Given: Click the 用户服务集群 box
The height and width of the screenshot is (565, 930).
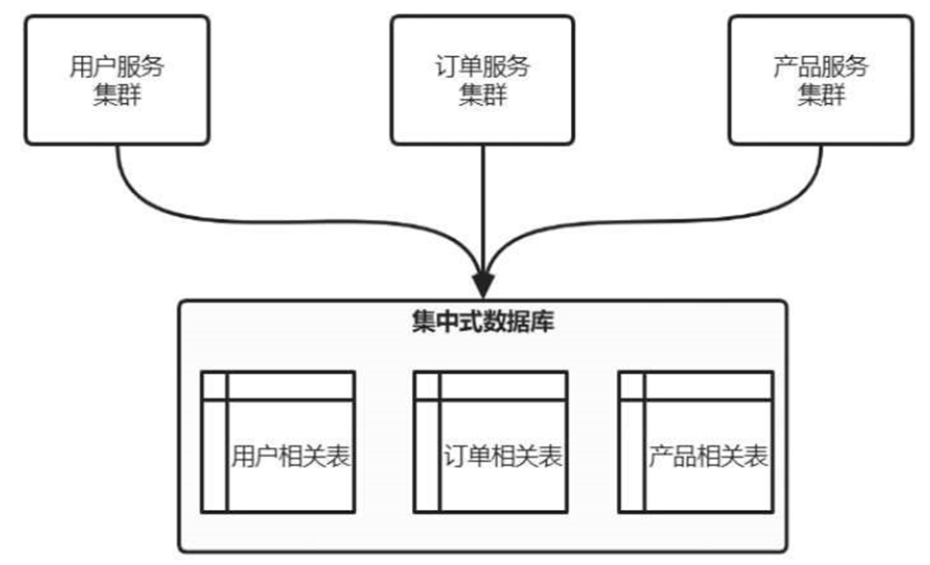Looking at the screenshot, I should tap(117, 79).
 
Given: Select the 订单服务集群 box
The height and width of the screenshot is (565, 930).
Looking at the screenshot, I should tap(481, 79).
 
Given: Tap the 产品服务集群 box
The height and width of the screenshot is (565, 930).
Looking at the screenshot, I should tap(820, 79).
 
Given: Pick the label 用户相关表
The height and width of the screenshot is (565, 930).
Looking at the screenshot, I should tap(289, 456).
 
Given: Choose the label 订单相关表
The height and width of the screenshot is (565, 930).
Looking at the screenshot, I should tap(503, 456).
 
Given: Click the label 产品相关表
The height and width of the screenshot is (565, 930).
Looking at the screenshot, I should tap(708, 456).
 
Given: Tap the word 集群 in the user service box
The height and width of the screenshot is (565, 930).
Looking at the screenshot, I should tap(117, 94).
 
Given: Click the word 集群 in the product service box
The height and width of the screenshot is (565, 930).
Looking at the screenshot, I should tap(820, 94).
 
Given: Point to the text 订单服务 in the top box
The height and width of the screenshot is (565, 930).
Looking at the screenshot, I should tap(481, 67).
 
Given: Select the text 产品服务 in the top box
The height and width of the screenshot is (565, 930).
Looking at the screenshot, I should tap(820, 67).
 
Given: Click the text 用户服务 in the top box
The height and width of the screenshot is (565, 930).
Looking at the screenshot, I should tap(117, 67).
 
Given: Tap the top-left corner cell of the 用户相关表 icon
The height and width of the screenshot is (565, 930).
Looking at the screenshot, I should tap(214, 385).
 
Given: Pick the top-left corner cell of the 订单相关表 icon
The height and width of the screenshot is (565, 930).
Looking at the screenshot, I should tap(426, 385).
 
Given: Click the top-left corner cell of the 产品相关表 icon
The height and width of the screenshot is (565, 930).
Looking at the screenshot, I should tap(632, 385).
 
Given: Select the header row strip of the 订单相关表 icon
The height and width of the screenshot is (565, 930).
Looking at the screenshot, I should tap(503, 385).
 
